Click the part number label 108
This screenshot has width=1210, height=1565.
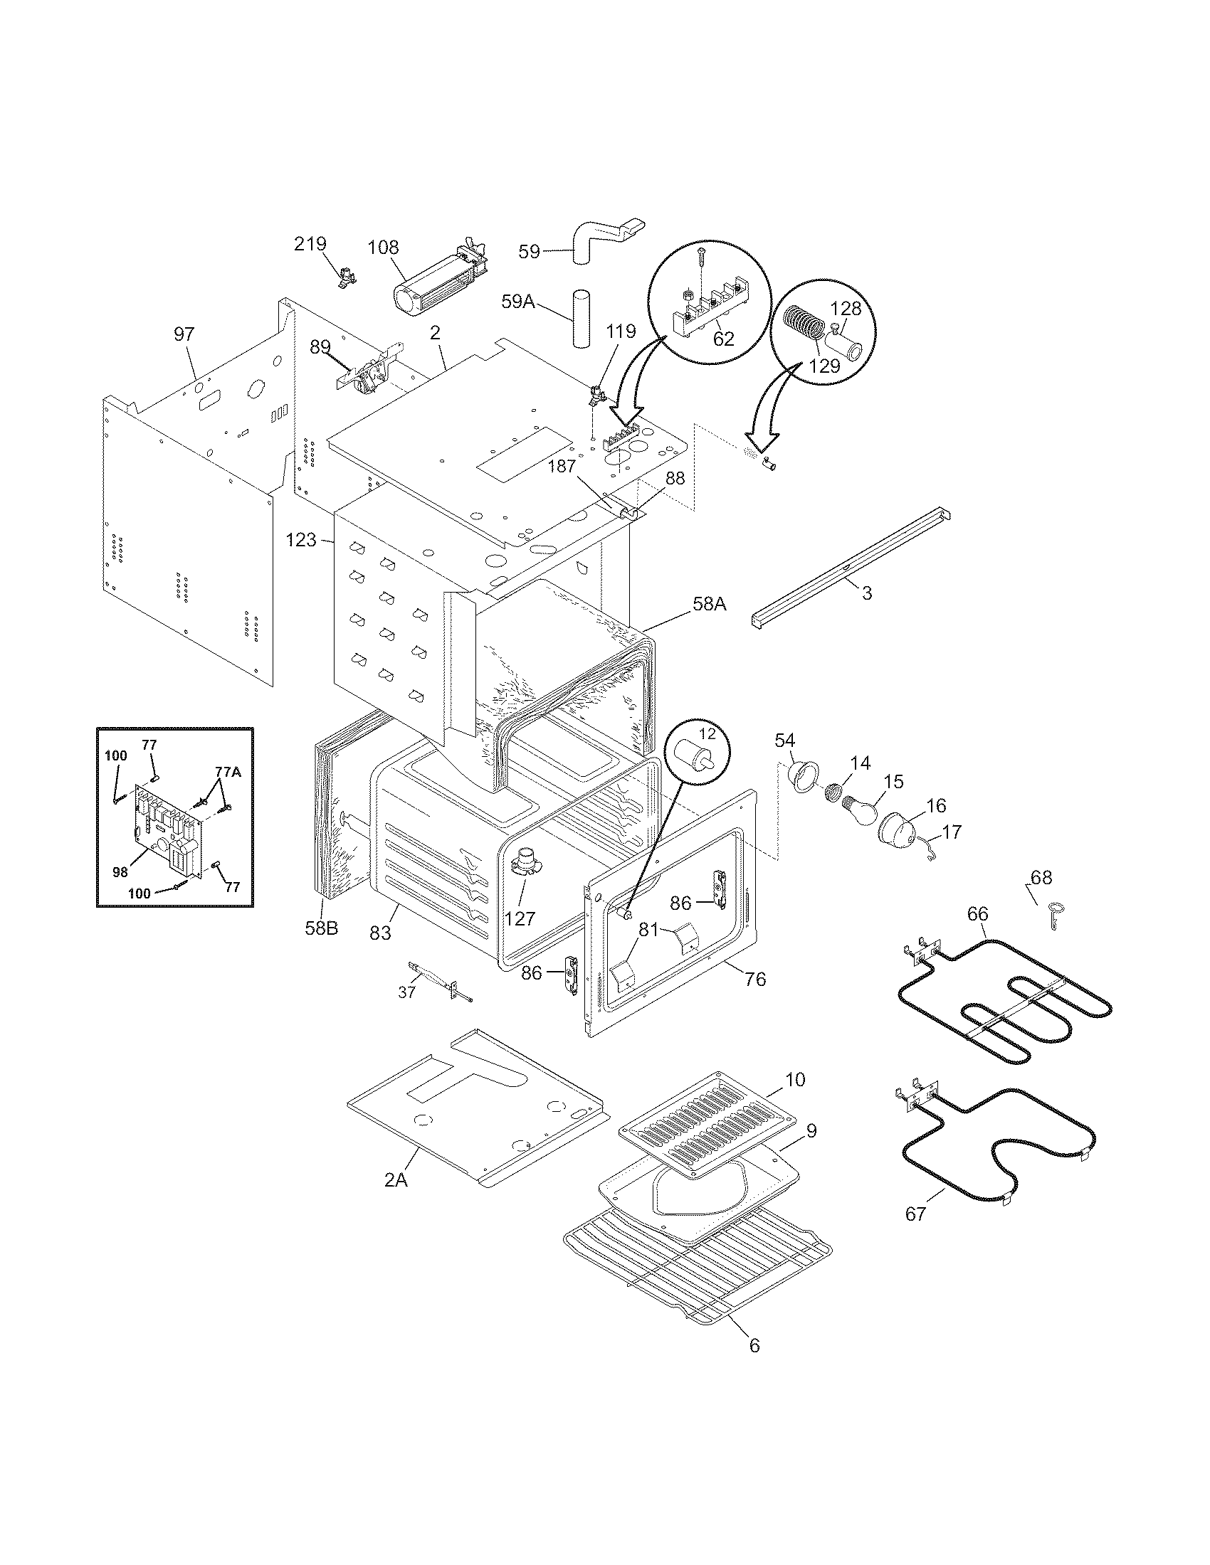pos(384,248)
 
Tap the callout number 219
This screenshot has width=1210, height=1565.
pos(310,244)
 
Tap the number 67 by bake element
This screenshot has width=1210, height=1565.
pos(915,1213)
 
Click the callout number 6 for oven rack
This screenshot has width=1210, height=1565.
pos(753,1345)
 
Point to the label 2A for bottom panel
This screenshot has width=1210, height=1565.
pos(395,1179)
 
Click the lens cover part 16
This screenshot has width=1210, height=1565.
pos(898,829)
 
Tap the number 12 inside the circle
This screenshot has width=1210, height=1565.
pos(707,734)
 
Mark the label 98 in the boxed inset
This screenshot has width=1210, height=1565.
pos(120,871)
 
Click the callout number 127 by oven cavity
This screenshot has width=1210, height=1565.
pos(520,918)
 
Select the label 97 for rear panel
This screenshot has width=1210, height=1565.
pos(184,334)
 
